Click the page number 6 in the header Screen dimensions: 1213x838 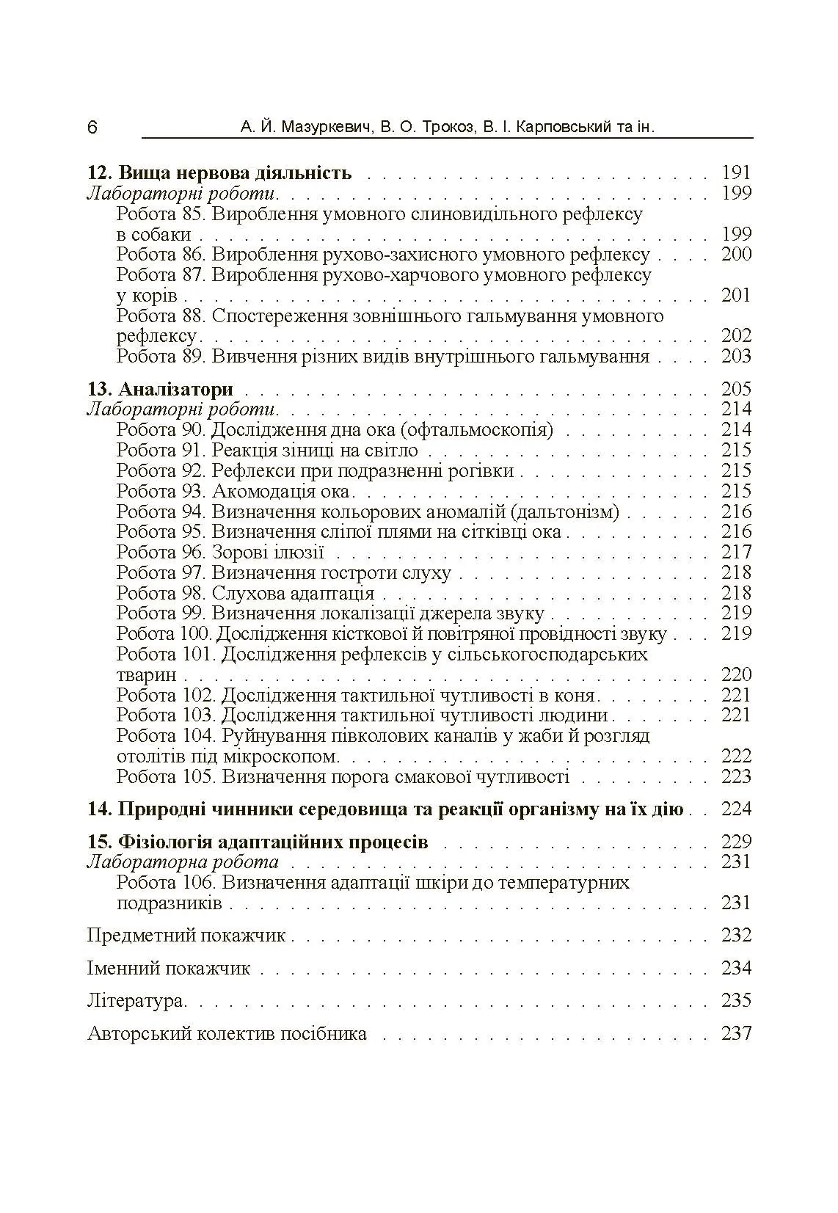(92, 128)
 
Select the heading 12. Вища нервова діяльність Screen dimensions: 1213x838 (219, 173)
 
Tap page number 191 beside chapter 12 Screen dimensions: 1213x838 (736, 173)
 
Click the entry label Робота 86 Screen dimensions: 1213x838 (161, 255)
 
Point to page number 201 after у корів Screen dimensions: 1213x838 (736, 296)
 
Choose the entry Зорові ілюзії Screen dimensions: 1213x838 (268, 553)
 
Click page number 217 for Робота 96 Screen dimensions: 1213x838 (736, 553)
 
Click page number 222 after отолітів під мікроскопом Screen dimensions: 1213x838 (736, 757)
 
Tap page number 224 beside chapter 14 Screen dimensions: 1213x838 (736, 809)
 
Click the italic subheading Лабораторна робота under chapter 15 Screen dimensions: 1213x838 (183, 862)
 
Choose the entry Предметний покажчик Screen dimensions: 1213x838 (186, 936)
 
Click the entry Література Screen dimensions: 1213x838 (135, 1001)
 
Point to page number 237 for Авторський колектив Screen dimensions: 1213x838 (736, 1034)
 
